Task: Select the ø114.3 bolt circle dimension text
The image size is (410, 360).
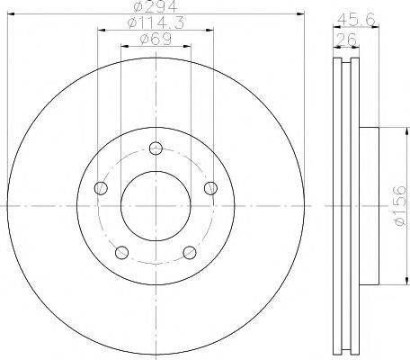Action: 155,24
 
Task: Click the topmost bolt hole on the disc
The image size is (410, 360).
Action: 156,149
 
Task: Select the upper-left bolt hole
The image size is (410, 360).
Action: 101,188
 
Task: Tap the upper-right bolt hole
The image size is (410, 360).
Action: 211,187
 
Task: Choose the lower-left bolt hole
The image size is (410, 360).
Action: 121,252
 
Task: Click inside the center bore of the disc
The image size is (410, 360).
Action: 156,206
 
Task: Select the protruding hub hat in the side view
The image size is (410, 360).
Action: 370,206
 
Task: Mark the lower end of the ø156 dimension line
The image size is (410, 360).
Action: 393,284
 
